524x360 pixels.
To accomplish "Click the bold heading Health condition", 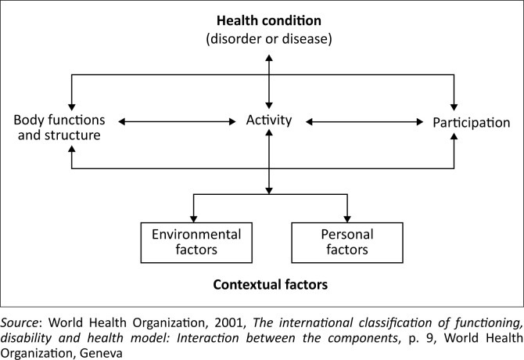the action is (x=269, y=21).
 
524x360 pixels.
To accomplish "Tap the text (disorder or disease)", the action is (x=269, y=38).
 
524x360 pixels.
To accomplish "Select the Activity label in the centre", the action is (x=268, y=121).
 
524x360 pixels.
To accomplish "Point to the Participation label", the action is (x=471, y=122).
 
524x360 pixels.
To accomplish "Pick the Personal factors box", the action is (x=346, y=242).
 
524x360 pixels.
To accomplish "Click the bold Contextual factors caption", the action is (x=269, y=285).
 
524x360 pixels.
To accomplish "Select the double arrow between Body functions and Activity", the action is (x=177, y=121).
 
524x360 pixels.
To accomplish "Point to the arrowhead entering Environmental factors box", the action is (x=192, y=218).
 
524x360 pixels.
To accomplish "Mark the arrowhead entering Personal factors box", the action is (x=347, y=218).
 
